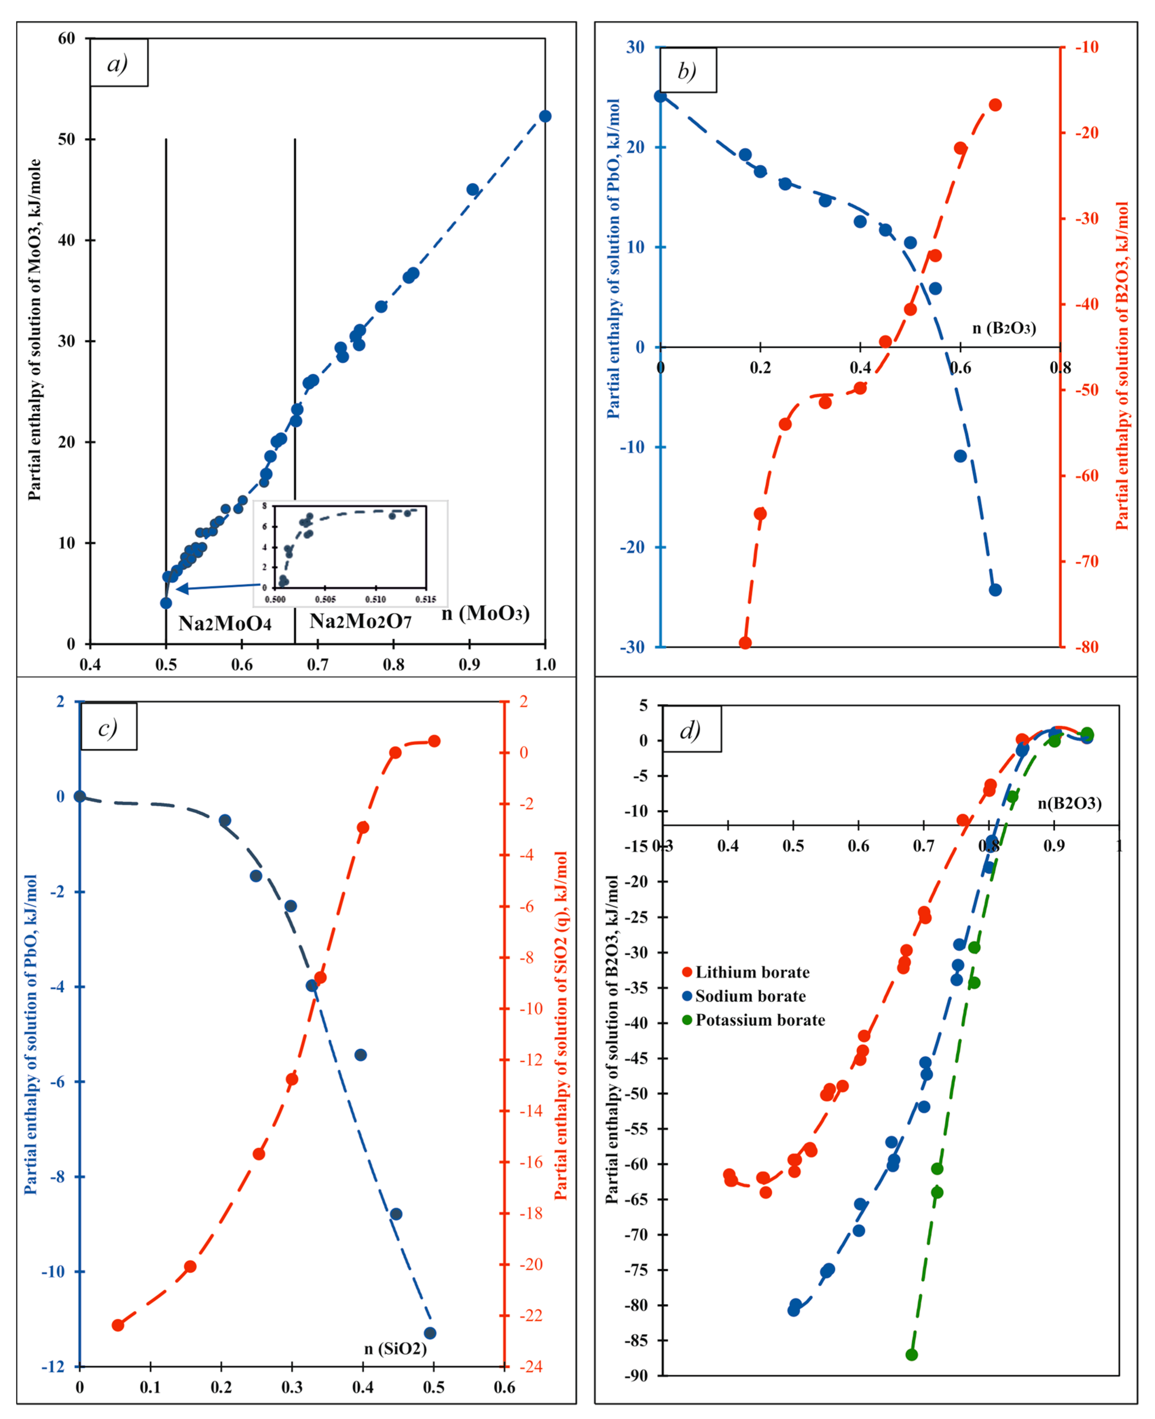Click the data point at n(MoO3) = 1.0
coord(545,117)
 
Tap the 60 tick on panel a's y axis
coord(66,39)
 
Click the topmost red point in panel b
coord(995,105)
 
